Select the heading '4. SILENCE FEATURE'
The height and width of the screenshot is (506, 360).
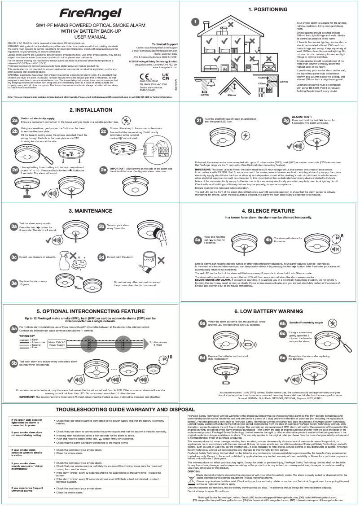269,210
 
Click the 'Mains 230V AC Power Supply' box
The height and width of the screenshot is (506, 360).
57,344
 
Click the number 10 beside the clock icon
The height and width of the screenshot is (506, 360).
170,357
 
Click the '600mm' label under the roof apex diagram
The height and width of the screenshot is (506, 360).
232,95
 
